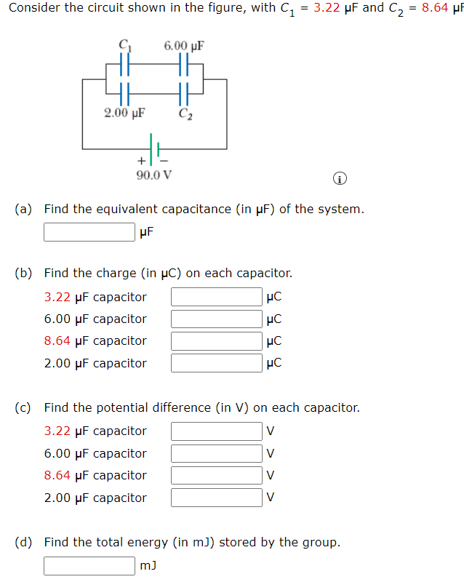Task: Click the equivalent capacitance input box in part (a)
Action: point(89,232)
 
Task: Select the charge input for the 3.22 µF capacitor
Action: point(217,297)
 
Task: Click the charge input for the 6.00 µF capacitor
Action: point(217,319)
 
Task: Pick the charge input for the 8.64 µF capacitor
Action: point(217,340)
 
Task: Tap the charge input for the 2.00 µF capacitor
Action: point(217,363)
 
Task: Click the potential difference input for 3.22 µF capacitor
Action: point(217,431)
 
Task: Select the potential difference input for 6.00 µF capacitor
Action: point(217,453)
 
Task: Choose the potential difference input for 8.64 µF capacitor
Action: point(217,475)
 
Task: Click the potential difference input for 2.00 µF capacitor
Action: point(217,498)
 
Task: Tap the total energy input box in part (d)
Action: point(89,565)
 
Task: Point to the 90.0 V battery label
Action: point(154,175)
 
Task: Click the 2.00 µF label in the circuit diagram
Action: point(124,113)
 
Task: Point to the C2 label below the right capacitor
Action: point(185,113)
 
